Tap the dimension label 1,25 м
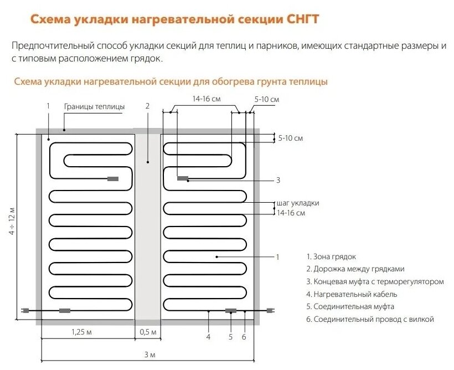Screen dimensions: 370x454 coord(81,332)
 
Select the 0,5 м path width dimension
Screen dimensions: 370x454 coord(148,332)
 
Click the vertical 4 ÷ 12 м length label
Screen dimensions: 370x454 coord(12,221)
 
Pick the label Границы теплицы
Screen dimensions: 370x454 coord(94,106)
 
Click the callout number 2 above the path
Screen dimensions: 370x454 coord(147,106)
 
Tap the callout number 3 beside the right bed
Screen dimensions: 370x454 coord(278,180)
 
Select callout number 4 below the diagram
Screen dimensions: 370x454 coord(208,336)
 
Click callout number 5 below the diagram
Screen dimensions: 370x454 coord(231,336)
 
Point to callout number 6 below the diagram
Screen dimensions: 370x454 coord(244,336)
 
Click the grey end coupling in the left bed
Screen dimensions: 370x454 coord(113,178)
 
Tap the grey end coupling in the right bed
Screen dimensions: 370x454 coord(183,178)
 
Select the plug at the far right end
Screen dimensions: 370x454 coord(271,311)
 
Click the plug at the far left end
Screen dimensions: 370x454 coord(24,311)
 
